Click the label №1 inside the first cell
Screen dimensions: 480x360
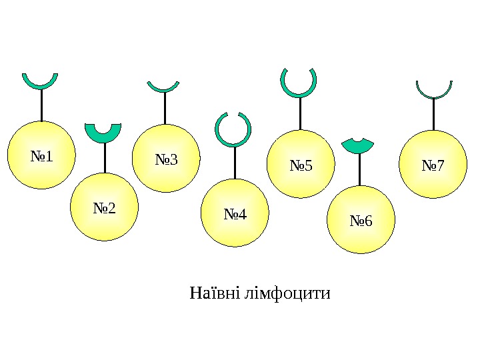[41, 157]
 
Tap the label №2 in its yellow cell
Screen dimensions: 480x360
[104, 209]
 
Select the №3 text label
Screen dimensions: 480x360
[166, 160]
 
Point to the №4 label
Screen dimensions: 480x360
[235, 215]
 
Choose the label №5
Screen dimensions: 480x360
[301, 165]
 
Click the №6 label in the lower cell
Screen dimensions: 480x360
[361, 221]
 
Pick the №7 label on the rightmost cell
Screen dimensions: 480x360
[433, 165]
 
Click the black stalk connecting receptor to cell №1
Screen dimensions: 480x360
[41, 105]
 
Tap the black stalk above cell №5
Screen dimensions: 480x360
[300, 113]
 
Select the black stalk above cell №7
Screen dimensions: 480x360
[433, 114]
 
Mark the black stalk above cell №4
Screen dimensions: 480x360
[235, 163]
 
